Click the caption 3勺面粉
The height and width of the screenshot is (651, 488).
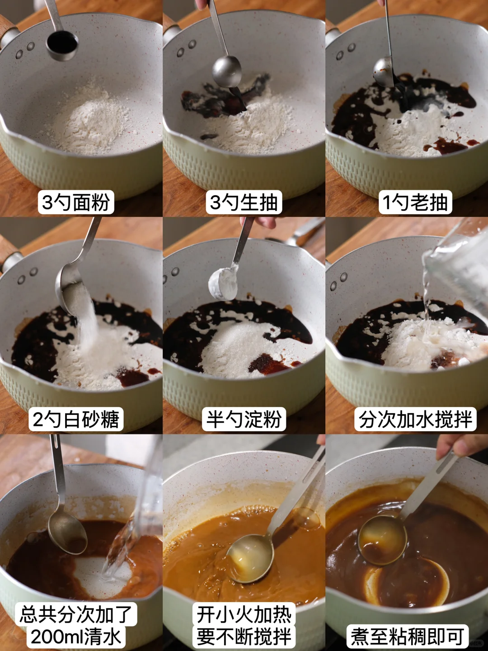pyautogui.click(x=76, y=202)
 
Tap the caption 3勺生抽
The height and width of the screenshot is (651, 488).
pyautogui.click(x=244, y=202)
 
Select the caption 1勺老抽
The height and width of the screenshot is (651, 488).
pyautogui.click(x=415, y=202)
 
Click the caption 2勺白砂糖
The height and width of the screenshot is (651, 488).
pyautogui.click(x=76, y=419)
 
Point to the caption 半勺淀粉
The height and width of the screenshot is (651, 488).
pyautogui.click(x=244, y=419)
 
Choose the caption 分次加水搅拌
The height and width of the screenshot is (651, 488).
pyautogui.click(x=415, y=419)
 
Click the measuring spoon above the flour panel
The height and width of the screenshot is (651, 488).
pyautogui.click(x=61, y=44)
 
